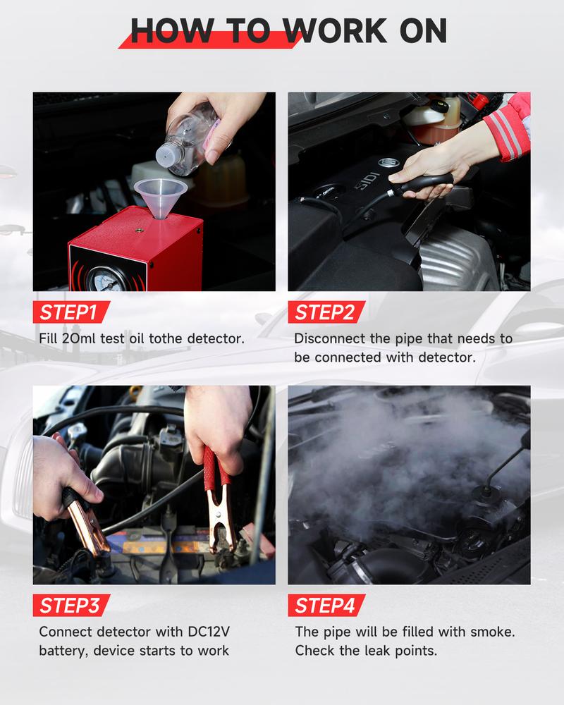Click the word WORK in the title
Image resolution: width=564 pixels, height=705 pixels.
337,30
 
